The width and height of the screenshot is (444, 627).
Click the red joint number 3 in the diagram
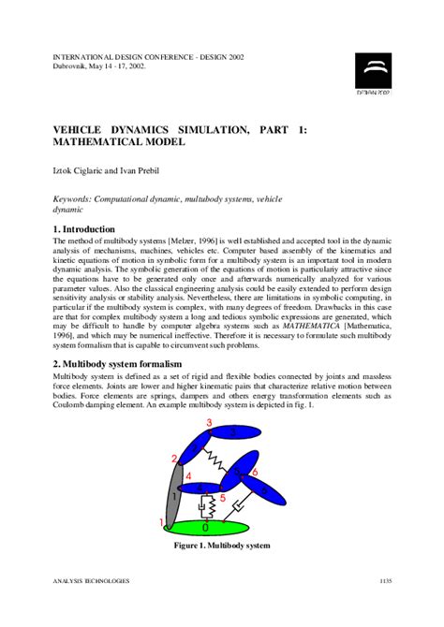[208, 424]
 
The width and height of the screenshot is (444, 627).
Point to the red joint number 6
[254, 473]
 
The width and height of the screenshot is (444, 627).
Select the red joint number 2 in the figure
[174, 459]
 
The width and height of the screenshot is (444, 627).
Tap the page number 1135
[385, 581]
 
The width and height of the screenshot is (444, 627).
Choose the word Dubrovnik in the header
[72, 66]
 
